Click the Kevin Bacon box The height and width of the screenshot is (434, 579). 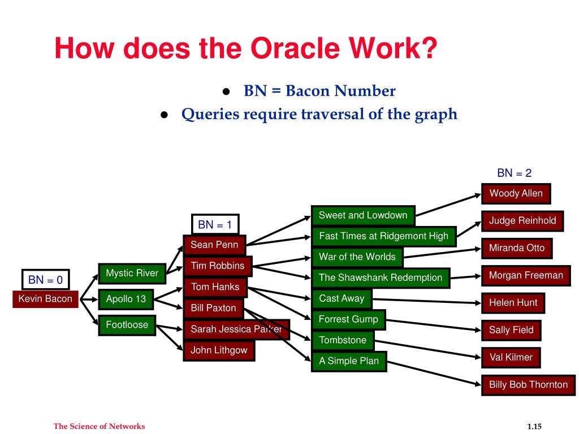click(45, 299)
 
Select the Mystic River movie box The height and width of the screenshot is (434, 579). click(132, 274)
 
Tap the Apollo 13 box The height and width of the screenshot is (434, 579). click(126, 299)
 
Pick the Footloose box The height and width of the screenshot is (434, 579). click(127, 325)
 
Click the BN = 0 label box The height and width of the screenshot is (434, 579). click(45, 279)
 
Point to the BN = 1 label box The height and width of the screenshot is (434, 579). click(215, 224)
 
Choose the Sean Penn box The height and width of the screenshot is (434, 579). click(214, 245)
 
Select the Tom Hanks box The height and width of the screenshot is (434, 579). click(215, 287)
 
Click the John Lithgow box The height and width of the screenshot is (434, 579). click(219, 350)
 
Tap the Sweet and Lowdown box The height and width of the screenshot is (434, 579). click(362, 215)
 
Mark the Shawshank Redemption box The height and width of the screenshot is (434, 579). click(380, 277)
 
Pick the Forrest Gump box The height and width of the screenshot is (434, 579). click(348, 319)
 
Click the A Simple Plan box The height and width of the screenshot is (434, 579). click(348, 361)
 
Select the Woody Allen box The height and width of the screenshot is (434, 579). click(516, 193)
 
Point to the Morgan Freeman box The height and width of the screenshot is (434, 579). click(526, 276)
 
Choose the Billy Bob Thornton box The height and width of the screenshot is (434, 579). click(528, 385)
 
